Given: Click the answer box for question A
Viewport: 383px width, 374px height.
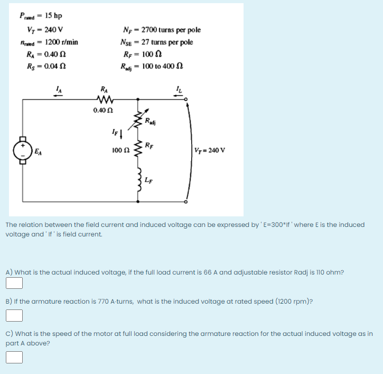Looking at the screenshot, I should point(14,284).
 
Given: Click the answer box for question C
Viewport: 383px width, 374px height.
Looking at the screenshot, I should point(14,358).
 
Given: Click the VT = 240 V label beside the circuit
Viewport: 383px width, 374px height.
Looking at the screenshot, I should point(210,150).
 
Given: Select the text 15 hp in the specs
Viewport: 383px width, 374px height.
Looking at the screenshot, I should point(53,15).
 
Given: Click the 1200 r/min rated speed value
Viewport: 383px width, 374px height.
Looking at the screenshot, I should point(61,42).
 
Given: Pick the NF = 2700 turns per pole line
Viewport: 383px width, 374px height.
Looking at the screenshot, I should point(161,30).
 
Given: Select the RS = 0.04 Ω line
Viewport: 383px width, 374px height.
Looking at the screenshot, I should point(46,66).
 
